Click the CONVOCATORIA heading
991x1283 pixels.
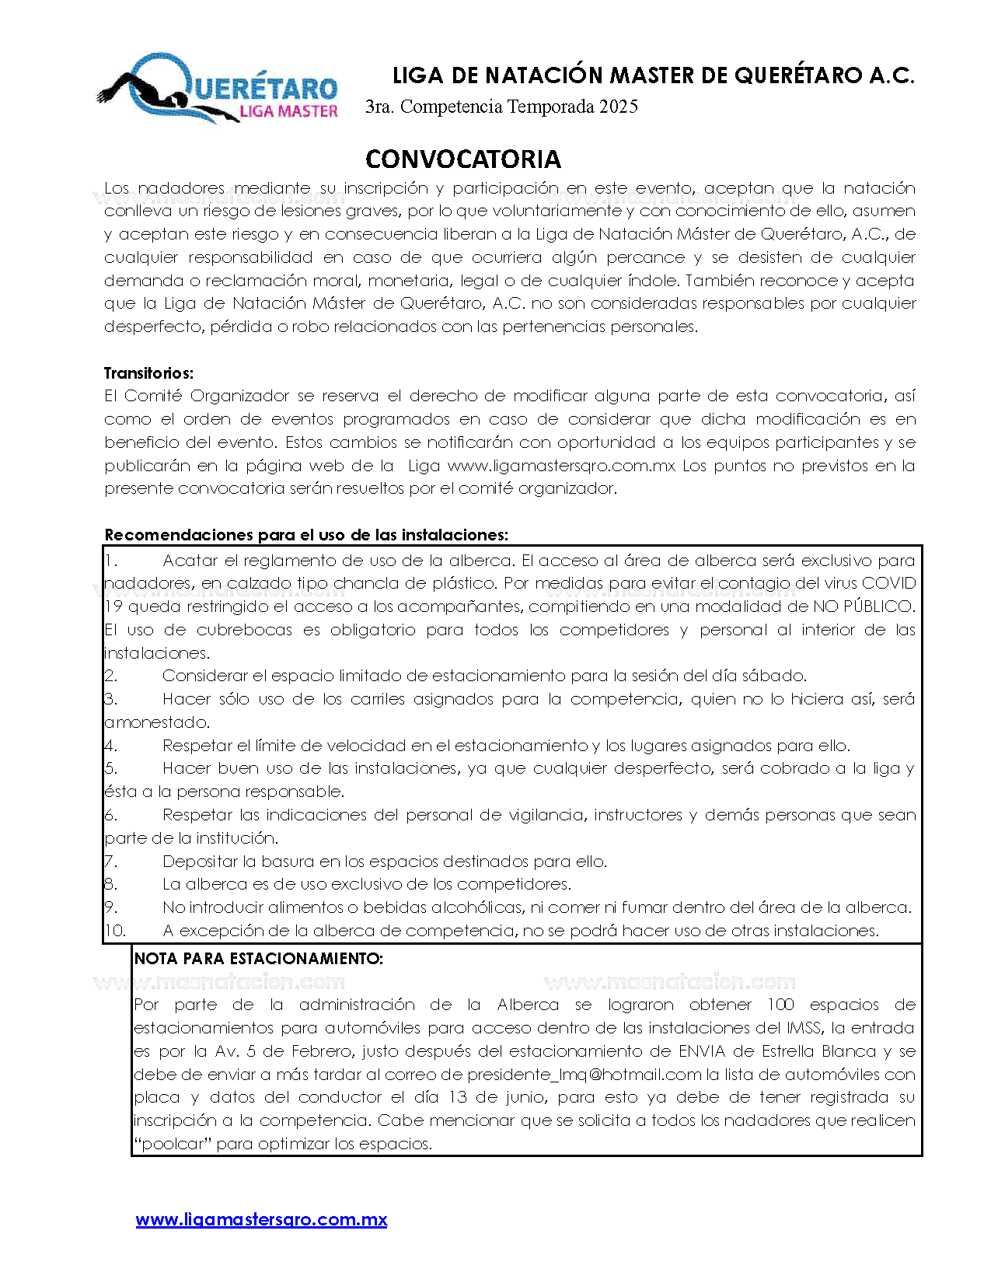point(463,159)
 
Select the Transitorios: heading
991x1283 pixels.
point(148,373)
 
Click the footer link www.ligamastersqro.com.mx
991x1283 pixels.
point(261,1219)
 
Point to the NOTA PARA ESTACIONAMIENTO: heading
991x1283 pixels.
point(258,959)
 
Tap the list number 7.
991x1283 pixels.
point(110,862)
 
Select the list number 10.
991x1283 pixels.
point(114,931)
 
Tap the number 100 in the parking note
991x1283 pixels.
point(780,1005)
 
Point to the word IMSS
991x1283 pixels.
point(804,1028)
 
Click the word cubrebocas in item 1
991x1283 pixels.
point(243,630)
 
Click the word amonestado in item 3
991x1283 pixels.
point(156,722)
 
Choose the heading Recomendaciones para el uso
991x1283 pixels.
point(306,535)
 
